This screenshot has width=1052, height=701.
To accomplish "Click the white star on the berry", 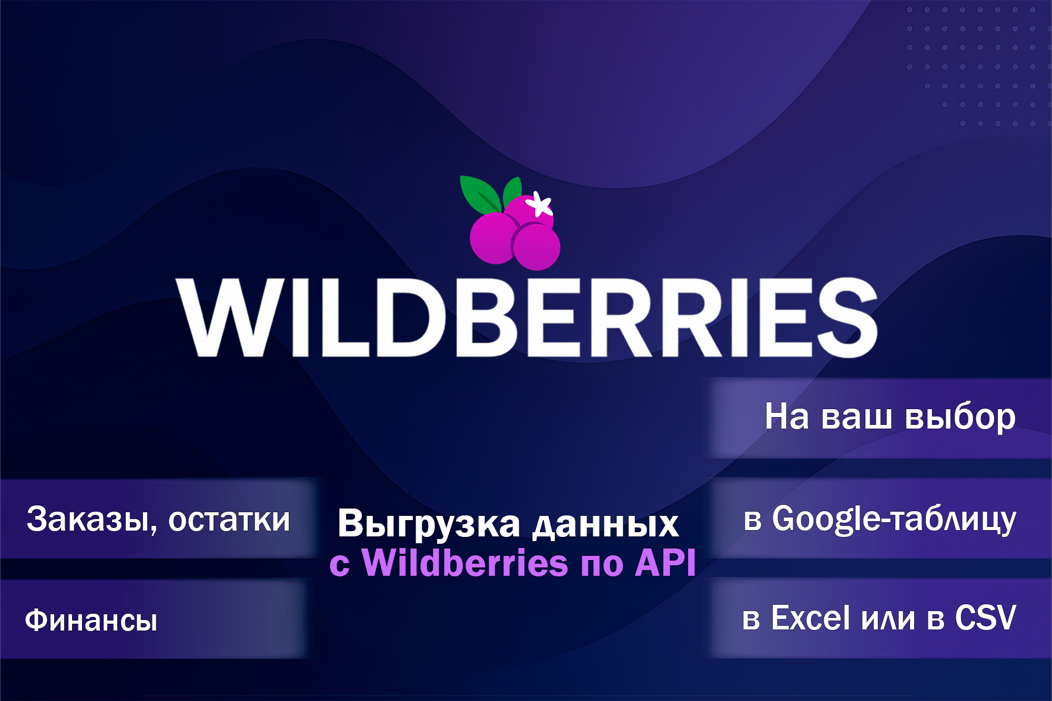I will tap(540, 204).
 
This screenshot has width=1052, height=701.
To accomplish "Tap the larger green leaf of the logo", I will tap(480, 194).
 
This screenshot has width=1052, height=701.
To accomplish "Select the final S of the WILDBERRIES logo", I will tap(847, 318).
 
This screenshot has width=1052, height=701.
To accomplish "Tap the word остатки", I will tap(229, 520).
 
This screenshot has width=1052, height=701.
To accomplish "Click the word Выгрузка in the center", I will tap(429, 524).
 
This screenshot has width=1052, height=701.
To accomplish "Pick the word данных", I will tap(605, 525).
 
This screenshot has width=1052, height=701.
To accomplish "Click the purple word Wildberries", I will tap(466, 563).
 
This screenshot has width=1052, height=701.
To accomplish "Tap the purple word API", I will tap(665, 563).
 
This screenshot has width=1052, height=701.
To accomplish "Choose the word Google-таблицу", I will tap(894, 520).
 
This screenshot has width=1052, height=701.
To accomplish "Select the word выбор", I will tap(960, 418).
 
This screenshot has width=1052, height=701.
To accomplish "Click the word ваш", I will tap(856, 418).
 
